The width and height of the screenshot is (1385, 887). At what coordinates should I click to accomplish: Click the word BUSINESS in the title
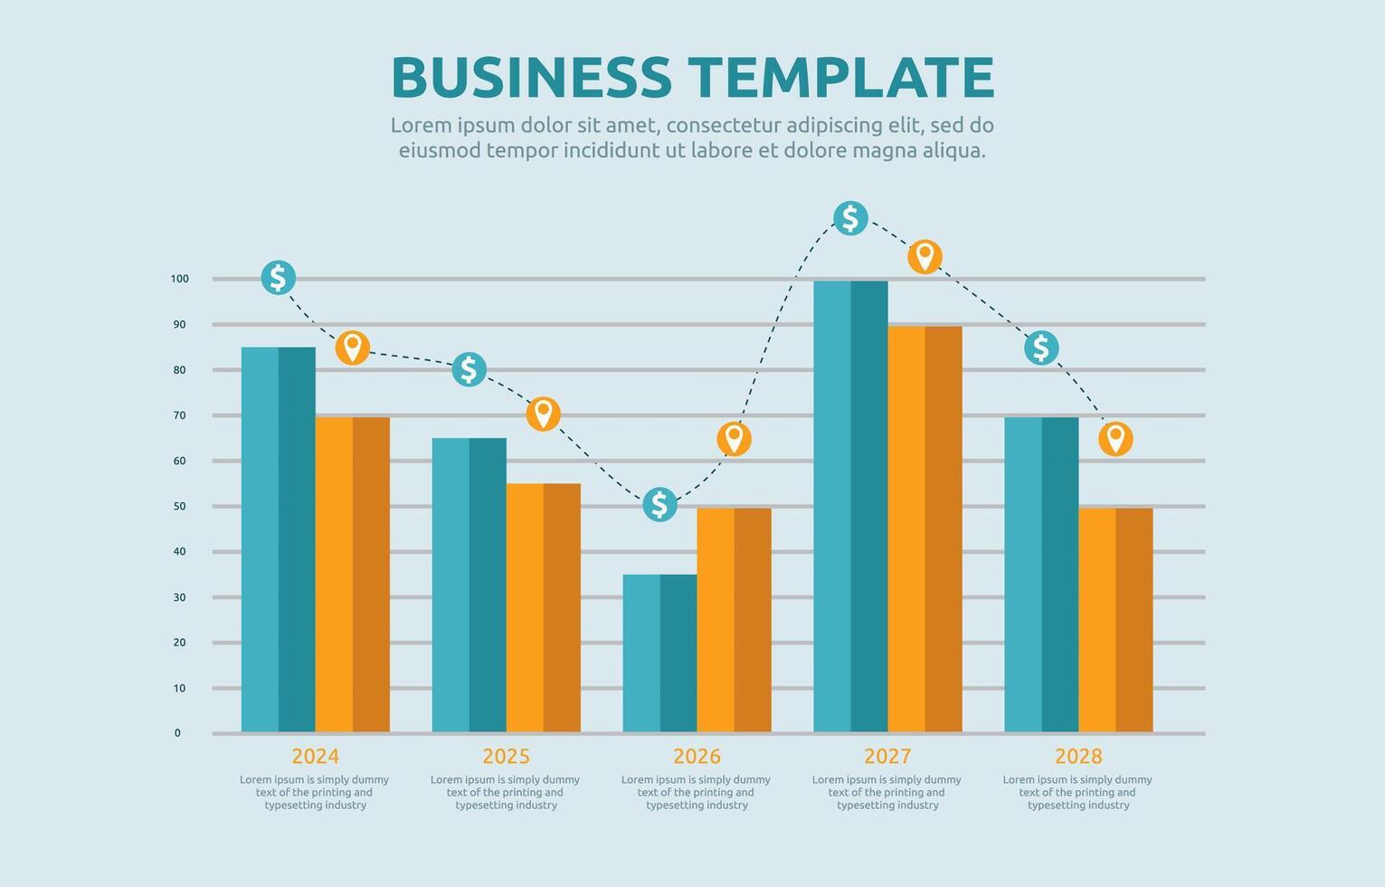pyautogui.click(x=531, y=78)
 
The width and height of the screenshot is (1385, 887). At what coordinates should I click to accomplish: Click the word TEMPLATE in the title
pyautogui.click(x=840, y=78)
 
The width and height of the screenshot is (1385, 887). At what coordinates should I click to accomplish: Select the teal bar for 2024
pyautogui.click(x=278, y=539)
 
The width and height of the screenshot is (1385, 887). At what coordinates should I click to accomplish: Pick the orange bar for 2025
pyautogui.click(x=543, y=607)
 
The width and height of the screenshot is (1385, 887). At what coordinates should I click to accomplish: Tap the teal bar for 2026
pyautogui.click(x=659, y=653)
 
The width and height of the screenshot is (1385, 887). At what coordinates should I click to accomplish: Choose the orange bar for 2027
pyautogui.click(x=925, y=529)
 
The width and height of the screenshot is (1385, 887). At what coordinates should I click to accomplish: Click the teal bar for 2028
pyautogui.click(x=1041, y=574)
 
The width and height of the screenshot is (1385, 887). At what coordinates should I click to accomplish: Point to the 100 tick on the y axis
pyautogui.click(x=179, y=279)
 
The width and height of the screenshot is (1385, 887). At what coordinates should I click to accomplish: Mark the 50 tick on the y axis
pyautogui.click(x=179, y=506)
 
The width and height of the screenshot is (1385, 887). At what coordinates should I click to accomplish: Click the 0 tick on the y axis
pyautogui.click(x=177, y=733)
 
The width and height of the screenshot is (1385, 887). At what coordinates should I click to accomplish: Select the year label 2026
pyautogui.click(x=697, y=756)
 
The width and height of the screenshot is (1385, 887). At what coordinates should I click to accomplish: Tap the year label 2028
pyautogui.click(x=1078, y=756)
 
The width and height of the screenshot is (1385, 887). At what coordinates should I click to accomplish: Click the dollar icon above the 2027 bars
pyautogui.click(x=850, y=218)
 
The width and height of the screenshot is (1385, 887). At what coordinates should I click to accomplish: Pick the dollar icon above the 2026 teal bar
pyautogui.click(x=659, y=504)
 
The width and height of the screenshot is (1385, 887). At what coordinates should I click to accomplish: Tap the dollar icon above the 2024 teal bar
pyautogui.click(x=278, y=277)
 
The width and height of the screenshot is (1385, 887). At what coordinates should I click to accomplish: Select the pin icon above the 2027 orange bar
pyautogui.click(x=925, y=257)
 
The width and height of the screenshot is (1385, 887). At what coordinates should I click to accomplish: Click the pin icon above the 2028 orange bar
pyautogui.click(x=1115, y=439)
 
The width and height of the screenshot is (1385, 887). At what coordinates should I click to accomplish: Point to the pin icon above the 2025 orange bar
pyautogui.click(x=543, y=414)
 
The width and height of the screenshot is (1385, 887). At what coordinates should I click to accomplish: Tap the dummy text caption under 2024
pyautogui.click(x=315, y=792)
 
